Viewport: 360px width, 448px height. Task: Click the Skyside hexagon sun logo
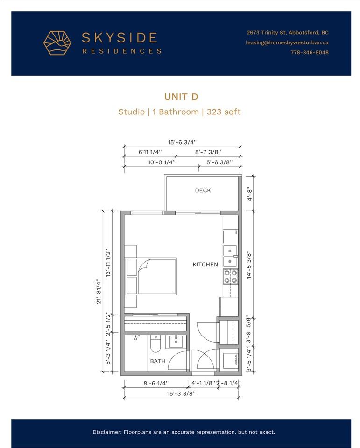click(x=57, y=43)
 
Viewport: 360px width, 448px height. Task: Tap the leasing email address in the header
click(x=287, y=42)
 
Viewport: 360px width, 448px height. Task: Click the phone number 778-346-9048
click(x=310, y=52)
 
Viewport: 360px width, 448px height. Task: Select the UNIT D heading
click(x=181, y=97)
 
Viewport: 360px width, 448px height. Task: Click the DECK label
click(x=203, y=190)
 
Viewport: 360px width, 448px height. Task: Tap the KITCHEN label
click(x=205, y=265)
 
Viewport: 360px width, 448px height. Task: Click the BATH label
click(x=158, y=361)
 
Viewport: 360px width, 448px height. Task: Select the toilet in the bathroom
click(x=155, y=343)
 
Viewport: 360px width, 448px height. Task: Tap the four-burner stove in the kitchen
click(x=231, y=277)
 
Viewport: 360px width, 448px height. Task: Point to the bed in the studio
click(x=151, y=276)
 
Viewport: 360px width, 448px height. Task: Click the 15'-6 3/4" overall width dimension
click(x=183, y=142)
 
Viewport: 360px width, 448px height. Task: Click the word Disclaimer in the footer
click(x=107, y=432)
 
